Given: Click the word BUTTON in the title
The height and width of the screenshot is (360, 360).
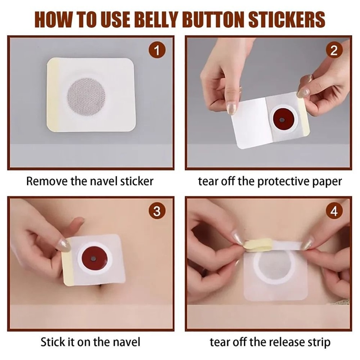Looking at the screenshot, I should point(219,20).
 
